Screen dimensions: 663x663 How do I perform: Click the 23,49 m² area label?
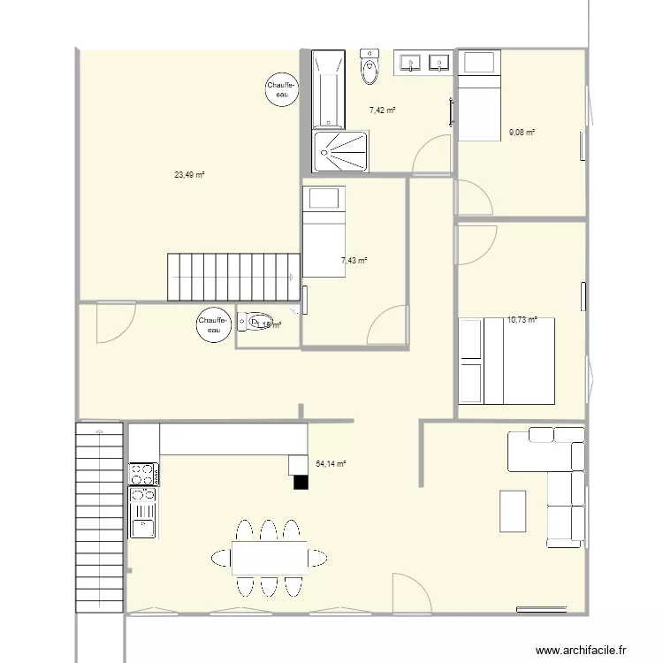pos(189,175)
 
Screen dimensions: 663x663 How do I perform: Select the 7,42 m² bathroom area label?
pos(382,110)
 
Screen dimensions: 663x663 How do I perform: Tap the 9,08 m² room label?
pos(522,133)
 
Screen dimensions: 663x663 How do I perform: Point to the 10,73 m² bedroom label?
pos(522,320)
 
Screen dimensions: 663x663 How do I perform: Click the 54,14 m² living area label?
pos(331,463)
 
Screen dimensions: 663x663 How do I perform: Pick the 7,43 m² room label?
pos(354,260)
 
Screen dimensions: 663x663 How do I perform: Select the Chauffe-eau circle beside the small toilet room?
pos(213,325)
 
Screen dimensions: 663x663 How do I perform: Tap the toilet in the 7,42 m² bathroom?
pos(370,65)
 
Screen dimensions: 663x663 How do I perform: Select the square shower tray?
pos(342,151)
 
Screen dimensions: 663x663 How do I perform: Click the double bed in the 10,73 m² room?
pos(507,361)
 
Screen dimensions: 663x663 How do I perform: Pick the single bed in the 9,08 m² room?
pos(478,95)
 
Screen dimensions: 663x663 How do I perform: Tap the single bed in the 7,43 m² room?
pos(324,232)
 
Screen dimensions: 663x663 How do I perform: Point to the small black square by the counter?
pos(301,482)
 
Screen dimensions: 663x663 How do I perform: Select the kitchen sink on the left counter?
pos(141,528)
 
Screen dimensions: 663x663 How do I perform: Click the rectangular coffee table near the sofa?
pos(514,513)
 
